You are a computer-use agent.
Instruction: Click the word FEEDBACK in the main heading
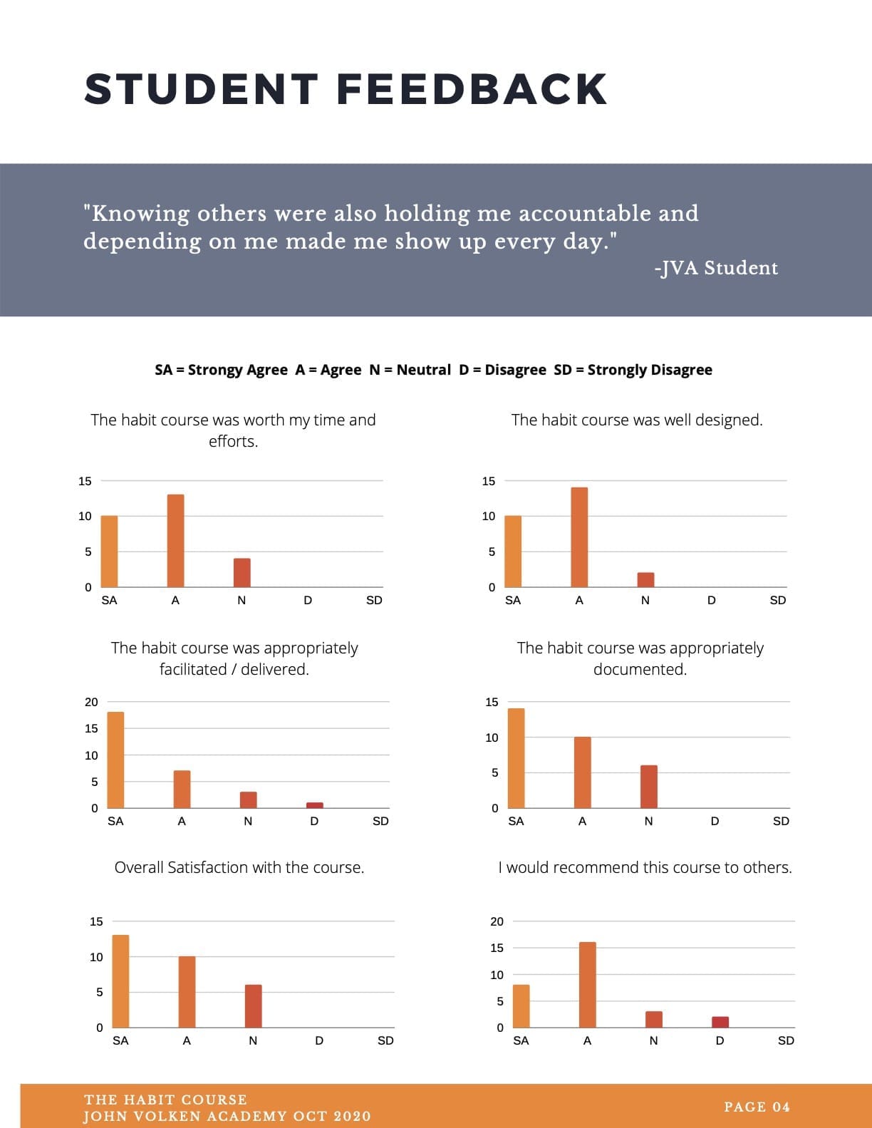pos(472,89)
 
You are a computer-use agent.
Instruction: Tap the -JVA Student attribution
pos(717,268)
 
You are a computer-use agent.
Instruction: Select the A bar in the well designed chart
pos(579,537)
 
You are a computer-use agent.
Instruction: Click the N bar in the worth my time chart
pos(242,573)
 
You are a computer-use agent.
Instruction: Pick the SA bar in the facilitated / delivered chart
pos(115,760)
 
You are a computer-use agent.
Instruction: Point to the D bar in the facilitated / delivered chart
pos(314,805)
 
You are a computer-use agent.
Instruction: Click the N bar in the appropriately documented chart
pos(649,787)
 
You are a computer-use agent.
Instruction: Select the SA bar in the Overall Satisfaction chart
pos(121,981)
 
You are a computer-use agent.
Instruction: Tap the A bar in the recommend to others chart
pos(588,985)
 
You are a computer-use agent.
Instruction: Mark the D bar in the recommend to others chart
pos(720,1022)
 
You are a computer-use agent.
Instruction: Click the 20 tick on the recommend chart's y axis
pos(497,921)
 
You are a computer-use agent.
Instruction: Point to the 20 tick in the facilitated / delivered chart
pos(91,702)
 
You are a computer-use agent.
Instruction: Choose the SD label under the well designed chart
pos(777,601)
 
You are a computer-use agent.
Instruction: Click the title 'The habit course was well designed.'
pos(637,420)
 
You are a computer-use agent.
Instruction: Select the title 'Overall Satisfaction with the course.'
pos(239,867)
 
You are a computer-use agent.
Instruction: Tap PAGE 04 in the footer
pos(757,1107)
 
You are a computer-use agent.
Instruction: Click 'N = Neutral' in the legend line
pos(410,370)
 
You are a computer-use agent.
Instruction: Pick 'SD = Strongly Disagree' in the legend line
pos(633,370)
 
